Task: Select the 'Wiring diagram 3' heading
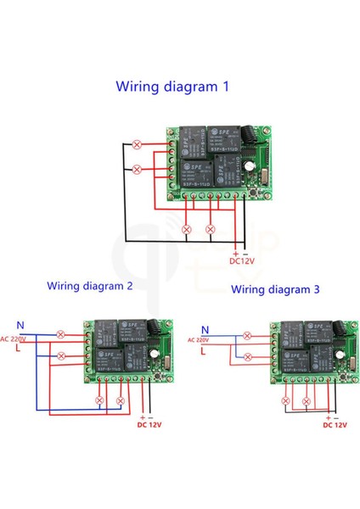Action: coord(275,289)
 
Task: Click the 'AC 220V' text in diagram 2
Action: coord(12,339)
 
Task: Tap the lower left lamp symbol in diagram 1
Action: coord(138,169)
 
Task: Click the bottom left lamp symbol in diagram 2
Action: coord(98,399)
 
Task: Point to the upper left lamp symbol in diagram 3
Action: coord(248,334)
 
